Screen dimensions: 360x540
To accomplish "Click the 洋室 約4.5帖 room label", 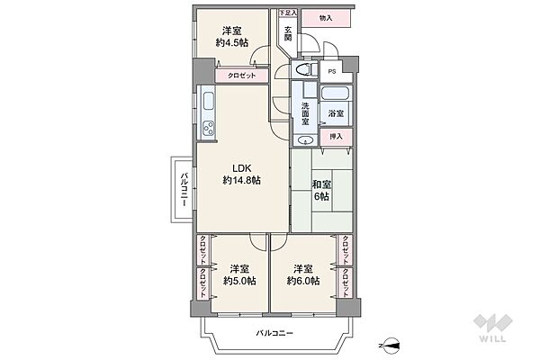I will click(x=231, y=35).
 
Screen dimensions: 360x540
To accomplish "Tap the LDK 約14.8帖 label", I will click(x=241, y=174).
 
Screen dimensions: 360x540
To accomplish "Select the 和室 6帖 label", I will click(x=320, y=191).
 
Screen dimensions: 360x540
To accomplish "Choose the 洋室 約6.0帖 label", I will click(x=302, y=274).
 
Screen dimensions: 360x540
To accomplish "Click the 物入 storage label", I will click(x=325, y=17).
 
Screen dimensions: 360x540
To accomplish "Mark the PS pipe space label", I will click(x=332, y=71).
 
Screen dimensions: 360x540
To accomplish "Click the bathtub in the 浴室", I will click(x=337, y=94).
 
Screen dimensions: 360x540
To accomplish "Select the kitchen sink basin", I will click(x=206, y=101).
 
